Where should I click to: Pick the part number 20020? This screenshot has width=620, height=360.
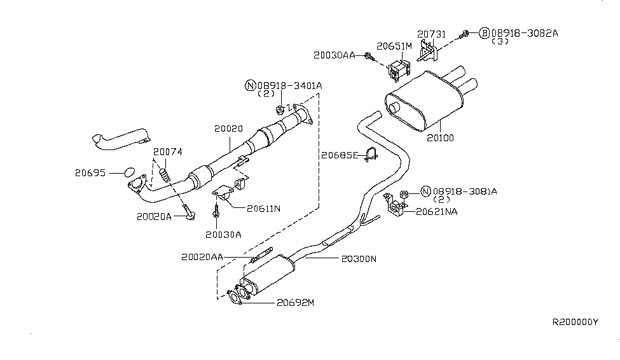tap(228, 128)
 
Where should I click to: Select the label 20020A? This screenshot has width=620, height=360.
tap(155, 216)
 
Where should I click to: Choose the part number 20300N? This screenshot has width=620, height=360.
tap(359, 260)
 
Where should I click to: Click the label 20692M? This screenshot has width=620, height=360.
tap(295, 303)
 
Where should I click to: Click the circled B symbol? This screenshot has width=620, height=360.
tap(485, 32)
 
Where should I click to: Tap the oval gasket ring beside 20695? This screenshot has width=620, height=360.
tap(128, 172)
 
